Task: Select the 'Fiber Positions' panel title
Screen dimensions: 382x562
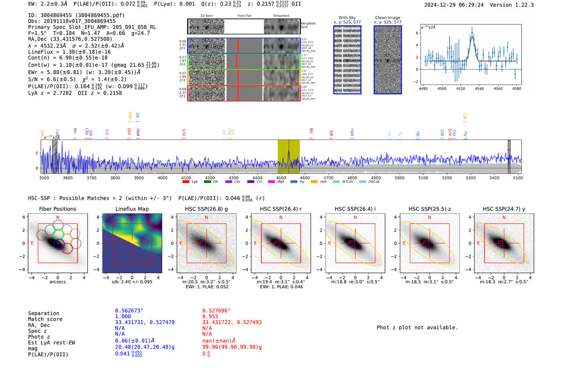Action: click(x=57, y=209)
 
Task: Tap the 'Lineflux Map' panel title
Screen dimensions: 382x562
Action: click(x=132, y=209)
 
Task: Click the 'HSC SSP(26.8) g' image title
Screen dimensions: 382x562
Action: click(x=206, y=209)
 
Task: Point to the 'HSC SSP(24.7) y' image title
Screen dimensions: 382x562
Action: click(x=504, y=209)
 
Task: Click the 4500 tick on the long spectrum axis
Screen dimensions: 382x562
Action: click(x=281, y=178)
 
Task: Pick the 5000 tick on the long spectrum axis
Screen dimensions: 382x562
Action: click(x=399, y=178)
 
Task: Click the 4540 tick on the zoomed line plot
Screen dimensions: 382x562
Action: click(x=479, y=89)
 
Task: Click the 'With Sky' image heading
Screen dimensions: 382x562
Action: click(x=347, y=18)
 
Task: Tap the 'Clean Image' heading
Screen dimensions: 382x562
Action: click(x=388, y=18)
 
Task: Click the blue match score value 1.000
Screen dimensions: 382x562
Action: click(x=123, y=316)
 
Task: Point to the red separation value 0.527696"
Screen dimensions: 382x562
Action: click(x=217, y=311)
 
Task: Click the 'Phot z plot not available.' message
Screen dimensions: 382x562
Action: click(x=417, y=327)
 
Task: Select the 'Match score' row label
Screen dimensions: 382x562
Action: click(x=45, y=319)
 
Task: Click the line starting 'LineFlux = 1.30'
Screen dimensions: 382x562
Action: click(x=69, y=52)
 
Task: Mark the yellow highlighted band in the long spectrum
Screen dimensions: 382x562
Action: click(x=288, y=156)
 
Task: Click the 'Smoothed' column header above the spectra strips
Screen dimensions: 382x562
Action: click(x=281, y=16)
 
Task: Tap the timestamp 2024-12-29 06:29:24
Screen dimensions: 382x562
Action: click(x=454, y=5)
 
